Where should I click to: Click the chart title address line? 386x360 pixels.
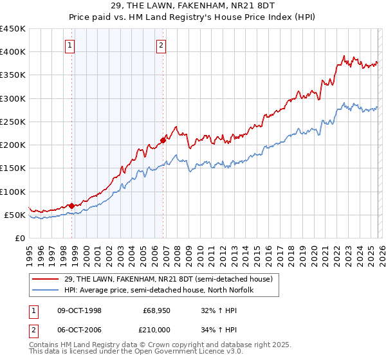[193, 6]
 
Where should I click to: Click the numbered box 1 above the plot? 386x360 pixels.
[69, 45]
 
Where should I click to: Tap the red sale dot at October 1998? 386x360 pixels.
[71, 206]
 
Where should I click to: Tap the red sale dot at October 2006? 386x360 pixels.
[163, 140]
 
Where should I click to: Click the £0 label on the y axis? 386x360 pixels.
[19, 238]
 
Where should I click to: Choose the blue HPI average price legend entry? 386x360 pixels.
[159, 290]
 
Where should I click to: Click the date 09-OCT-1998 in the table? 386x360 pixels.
[79, 310]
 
